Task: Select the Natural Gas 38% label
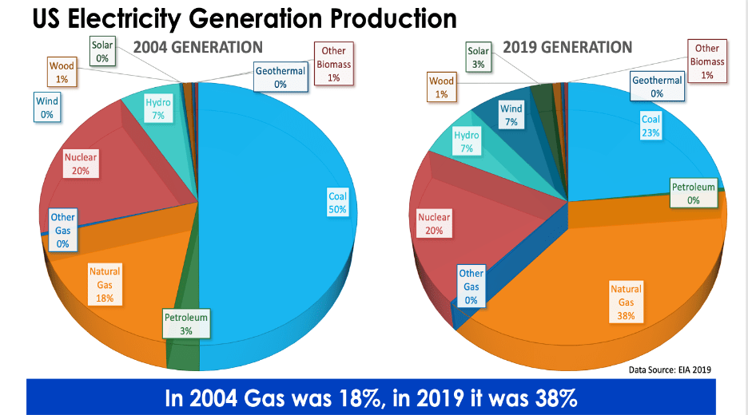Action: click(626, 302)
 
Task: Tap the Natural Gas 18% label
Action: click(105, 285)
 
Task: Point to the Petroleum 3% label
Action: click(186, 324)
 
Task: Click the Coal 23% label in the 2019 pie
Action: click(651, 126)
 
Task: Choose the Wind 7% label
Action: click(511, 115)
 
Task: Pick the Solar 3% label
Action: click(478, 57)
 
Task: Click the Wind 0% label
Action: click(46, 108)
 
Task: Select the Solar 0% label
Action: click(102, 52)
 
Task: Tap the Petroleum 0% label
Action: click(693, 193)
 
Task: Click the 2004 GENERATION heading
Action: click(197, 48)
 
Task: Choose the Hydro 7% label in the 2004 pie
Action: click(158, 109)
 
